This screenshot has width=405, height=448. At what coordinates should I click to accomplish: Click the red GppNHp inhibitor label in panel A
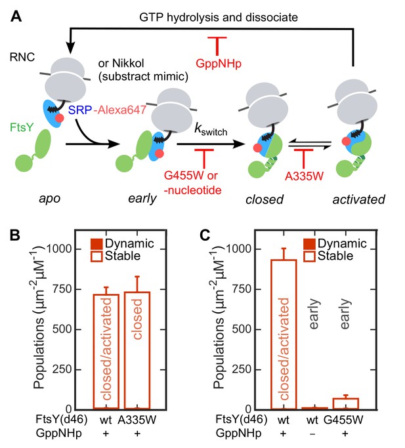coord(219,64)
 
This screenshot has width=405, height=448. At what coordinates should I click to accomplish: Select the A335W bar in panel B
coord(137,350)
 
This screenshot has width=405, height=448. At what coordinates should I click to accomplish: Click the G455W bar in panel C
coord(345,403)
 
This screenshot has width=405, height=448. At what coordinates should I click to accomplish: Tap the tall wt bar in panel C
coord(284,335)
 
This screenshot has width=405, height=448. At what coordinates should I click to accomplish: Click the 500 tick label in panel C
coord(242,329)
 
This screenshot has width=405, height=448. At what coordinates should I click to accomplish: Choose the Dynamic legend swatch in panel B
coord(96,244)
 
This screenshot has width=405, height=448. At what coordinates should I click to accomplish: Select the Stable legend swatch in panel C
coord(309,256)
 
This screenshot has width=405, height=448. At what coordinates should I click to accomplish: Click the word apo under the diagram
coord(50,199)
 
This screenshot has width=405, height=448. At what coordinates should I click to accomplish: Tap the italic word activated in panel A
coord(358,199)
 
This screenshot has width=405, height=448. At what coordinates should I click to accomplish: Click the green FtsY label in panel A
coord(22,127)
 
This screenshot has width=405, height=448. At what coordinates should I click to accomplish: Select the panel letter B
coord(15,235)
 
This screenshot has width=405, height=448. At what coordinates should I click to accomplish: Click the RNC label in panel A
coord(22,57)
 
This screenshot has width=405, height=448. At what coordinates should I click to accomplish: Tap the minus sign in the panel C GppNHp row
coord(312,434)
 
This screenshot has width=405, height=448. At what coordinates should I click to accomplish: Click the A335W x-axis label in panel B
coord(137,420)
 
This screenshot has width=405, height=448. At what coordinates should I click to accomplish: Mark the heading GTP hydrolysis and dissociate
coord(219,18)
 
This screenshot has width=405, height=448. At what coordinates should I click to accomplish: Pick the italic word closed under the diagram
coord(265,199)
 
